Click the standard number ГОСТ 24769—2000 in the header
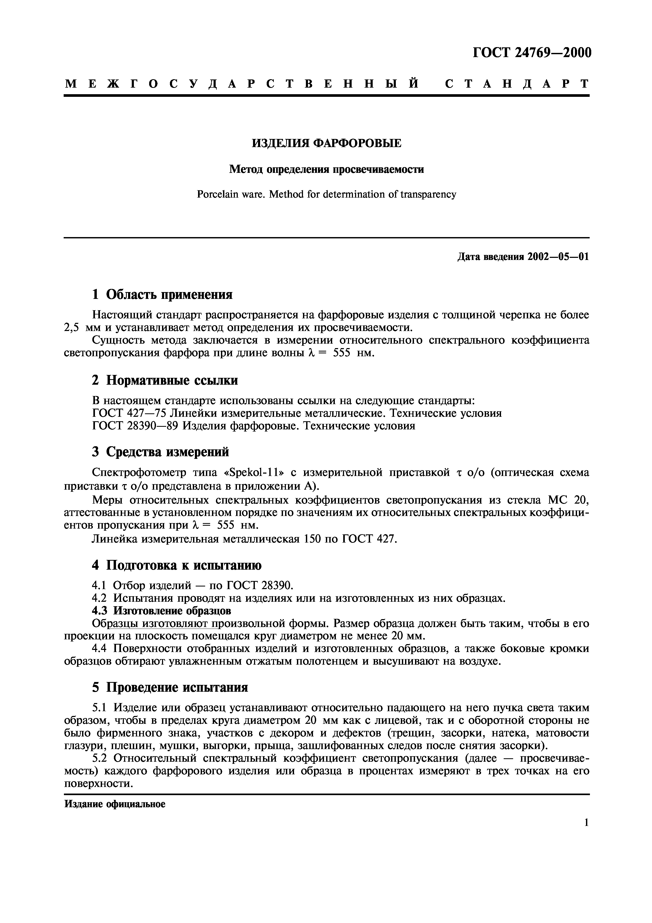[x=532, y=53]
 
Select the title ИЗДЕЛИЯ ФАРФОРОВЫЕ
[x=326, y=143]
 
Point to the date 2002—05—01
[x=558, y=257]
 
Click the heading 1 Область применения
[x=162, y=295]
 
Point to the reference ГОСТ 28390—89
[x=135, y=426]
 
